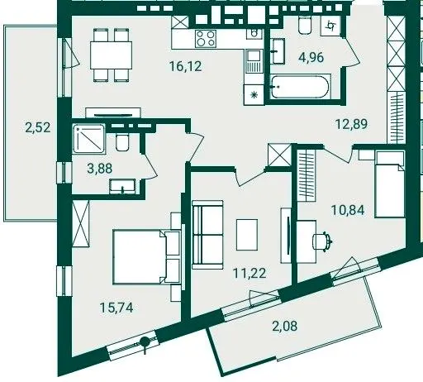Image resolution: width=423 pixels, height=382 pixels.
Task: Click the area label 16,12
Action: [186, 66]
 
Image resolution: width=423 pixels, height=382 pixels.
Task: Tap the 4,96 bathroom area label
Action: [311, 58]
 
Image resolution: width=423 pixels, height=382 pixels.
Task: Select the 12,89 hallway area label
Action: [351, 124]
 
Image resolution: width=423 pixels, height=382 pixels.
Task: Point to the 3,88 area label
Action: [100, 169]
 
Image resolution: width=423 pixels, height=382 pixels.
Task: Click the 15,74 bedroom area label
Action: [116, 308]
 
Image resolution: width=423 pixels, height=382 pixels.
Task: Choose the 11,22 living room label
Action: [250, 273]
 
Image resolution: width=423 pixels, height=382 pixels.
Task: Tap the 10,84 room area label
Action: [348, 210]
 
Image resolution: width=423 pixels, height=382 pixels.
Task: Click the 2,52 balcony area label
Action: [38, 128]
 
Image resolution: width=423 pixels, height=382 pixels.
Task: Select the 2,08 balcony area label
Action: [285, 327]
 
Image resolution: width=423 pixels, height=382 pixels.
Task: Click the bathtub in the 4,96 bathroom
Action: [300, 87]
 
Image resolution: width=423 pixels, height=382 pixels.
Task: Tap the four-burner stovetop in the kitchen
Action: [206, 39]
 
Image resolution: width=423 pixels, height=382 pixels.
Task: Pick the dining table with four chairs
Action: [111, 55]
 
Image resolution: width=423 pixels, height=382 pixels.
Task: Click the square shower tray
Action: [89, 139]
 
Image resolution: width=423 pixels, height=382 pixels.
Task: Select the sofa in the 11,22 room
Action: [207, 235]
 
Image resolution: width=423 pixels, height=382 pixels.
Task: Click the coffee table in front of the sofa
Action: [247, 235]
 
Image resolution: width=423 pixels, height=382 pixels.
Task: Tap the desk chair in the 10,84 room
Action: [322, 241]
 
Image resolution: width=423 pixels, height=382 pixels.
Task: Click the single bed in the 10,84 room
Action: [390, 184]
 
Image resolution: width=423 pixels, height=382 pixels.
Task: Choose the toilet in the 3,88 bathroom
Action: [122, 142]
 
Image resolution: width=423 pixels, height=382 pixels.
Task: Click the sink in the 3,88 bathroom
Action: [122, 186]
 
